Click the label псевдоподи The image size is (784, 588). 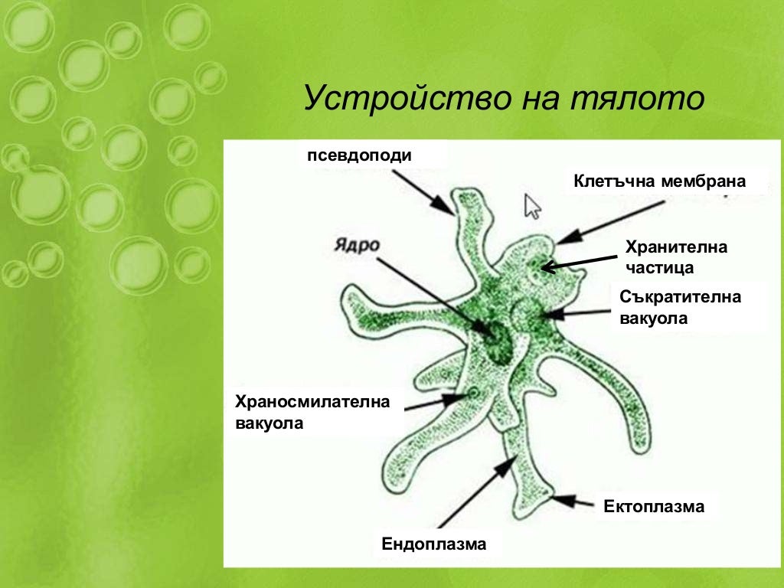coord(359,155)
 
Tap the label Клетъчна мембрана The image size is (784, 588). coord(659,182)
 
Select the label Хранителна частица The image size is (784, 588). coord(676,257)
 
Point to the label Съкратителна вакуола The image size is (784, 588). coord(680,307)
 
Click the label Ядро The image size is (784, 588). coord(357,245)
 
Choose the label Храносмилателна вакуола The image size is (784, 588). coord(312,411)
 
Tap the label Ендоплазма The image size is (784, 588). coord(434,544)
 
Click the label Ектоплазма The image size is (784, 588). coord(654,506)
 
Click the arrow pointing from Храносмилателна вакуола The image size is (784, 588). coord(433,402)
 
